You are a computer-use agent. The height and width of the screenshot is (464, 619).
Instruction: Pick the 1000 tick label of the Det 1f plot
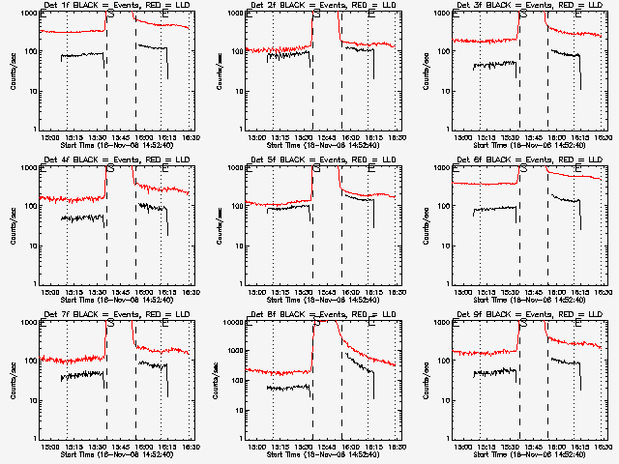(26, 14)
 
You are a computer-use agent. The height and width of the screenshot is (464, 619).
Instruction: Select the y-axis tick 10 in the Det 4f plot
(30, 246)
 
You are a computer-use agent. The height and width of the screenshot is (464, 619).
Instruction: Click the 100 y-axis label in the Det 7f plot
(28, 362)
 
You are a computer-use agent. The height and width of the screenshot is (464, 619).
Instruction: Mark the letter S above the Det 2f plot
(315, 14)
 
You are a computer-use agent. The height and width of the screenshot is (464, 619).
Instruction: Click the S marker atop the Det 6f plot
(522, 169)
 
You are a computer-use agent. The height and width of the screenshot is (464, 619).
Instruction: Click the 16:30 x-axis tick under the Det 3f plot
(604, 137)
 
